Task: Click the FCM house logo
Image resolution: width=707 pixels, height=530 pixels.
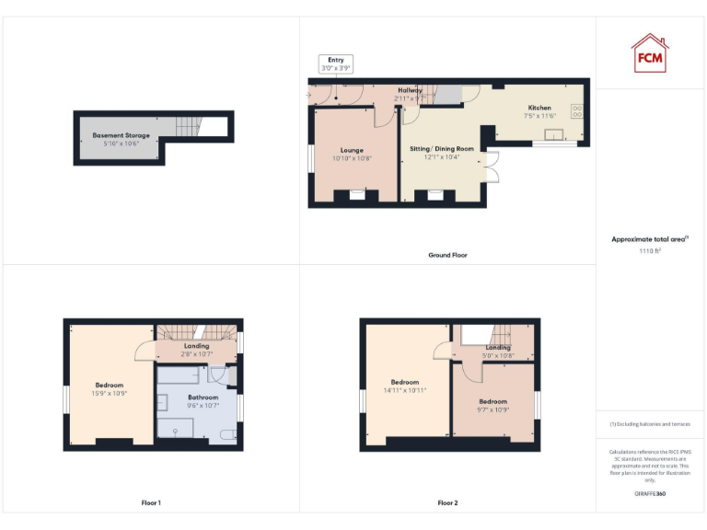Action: coord(650,52)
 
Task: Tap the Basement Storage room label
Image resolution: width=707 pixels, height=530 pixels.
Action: coord(121,135)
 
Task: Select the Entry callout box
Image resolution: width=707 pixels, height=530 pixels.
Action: coord(334,63)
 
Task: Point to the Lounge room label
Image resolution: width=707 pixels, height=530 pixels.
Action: coord(352,150)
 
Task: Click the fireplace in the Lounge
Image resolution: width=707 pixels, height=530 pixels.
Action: coord(356,194)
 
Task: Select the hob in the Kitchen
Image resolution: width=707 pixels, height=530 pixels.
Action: coord(577,111)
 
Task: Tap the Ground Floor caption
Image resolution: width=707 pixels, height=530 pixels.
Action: coord(447,255)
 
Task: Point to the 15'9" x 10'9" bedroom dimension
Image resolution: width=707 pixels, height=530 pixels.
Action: coord(110,393)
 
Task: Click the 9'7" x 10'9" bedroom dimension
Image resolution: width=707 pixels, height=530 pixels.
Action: coord(493,409)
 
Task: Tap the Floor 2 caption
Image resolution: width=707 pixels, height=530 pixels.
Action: coord(447,503)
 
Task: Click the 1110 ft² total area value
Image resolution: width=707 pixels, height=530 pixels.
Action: coord(650,250)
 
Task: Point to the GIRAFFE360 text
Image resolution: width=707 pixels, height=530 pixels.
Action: coord(650,494)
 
